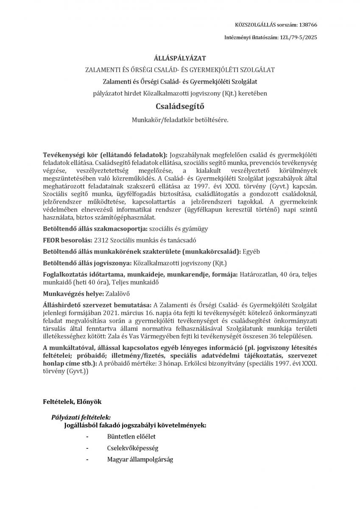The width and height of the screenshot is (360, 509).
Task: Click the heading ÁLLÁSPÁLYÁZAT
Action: click(x=180, y=58)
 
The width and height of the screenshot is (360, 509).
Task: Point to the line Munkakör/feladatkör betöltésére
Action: click(x=180, y=120)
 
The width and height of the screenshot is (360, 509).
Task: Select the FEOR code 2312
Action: click(x=101, y=240)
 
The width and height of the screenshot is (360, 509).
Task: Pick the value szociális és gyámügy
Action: click(x=177, y=229)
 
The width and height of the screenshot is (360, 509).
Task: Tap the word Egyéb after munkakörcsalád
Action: click(x=251, y=252)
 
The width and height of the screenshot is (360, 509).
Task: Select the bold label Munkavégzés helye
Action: click(x=67, y=293)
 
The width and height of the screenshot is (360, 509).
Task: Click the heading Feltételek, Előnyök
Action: click(x=72, y=401)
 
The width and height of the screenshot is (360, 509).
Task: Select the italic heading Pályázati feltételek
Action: click(x=81, y=417)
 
